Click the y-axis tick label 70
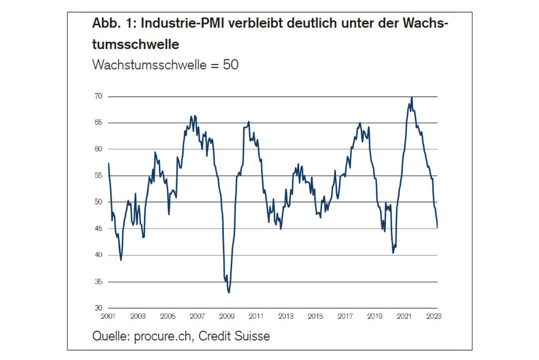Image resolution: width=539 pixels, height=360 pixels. click(x=98, y=96)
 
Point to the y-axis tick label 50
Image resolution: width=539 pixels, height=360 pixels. click(x=98, y=202)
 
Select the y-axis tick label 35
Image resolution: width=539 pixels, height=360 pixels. click(x=98, y=282)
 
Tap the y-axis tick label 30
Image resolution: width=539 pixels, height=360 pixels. click(x=98, y=308)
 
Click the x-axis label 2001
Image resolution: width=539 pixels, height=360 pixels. click(x=108, y=317)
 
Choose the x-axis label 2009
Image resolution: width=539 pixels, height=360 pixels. click(x=227, y=317)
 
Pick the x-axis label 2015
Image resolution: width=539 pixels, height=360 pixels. click(x=315, y=317)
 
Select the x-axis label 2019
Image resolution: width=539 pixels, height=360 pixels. click(x=375, y=317)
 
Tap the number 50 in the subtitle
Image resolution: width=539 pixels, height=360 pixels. click(x=231, y=64)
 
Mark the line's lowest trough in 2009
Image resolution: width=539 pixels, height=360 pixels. click(x=229, y=293)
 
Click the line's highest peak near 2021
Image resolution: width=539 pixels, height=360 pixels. click(x=412, y=97)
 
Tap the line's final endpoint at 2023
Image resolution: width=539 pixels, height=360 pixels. click(x=437, y=227)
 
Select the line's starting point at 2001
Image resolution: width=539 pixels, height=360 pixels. click(x=109, y=163)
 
